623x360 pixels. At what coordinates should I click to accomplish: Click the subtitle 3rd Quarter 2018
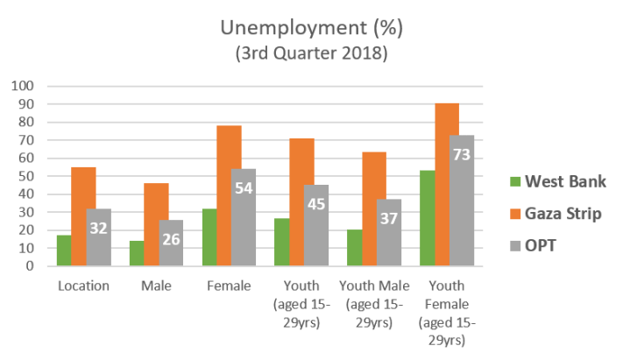click(x=311, y=54)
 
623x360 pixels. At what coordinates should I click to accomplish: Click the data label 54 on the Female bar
click(x=244, y=187)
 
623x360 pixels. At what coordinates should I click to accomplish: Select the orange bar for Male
click(x=157, y=224)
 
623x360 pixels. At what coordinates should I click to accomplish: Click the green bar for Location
click(x=64, y=251)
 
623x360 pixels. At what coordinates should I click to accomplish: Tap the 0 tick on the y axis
click(x=29, y=266)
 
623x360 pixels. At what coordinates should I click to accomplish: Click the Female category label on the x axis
click(x=229, y=286)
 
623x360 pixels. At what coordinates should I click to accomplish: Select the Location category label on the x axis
click(x=84, y=286)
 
